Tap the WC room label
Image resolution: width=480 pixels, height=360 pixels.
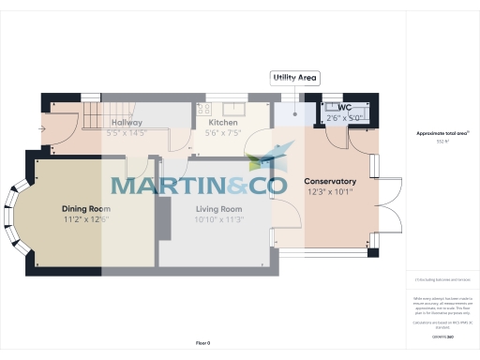point(331,108)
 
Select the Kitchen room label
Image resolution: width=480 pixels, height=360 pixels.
point(223,123)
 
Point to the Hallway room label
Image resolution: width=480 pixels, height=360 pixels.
point(127,123)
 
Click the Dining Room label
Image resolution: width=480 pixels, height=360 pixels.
point(86,209)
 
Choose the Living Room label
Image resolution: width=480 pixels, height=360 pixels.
point(219,209)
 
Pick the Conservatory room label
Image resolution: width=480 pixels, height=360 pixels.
point(330,181)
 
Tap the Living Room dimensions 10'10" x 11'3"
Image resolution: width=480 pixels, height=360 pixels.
point(219,219)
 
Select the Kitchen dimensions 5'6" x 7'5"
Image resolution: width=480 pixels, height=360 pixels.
point(223,133)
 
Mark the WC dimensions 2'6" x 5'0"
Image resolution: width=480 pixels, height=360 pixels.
point(343,118)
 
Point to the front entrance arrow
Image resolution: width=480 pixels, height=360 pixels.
point(43,128)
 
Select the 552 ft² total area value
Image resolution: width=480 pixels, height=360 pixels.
point(442,141)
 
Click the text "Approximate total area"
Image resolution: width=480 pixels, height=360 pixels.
point(442,133)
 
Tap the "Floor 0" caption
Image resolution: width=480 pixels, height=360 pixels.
point(202,343)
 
